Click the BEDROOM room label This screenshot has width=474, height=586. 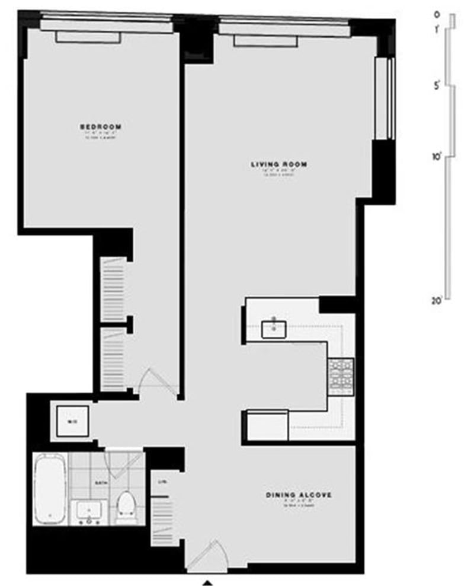101,126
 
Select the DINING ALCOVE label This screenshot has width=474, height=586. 297,495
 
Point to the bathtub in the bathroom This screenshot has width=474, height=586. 49,489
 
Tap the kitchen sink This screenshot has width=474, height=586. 274,327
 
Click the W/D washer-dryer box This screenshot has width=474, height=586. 73,421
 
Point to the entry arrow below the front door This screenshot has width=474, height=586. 207,582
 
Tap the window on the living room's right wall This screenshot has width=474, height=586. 383,98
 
